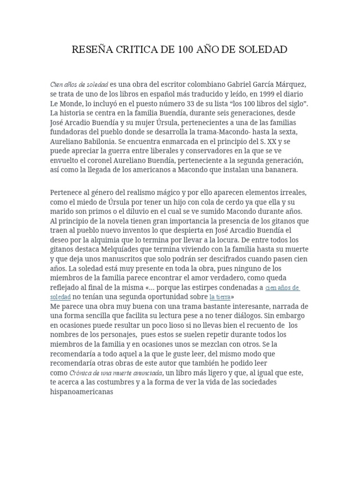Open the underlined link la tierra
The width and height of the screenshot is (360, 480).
click(x=220, y=297)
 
